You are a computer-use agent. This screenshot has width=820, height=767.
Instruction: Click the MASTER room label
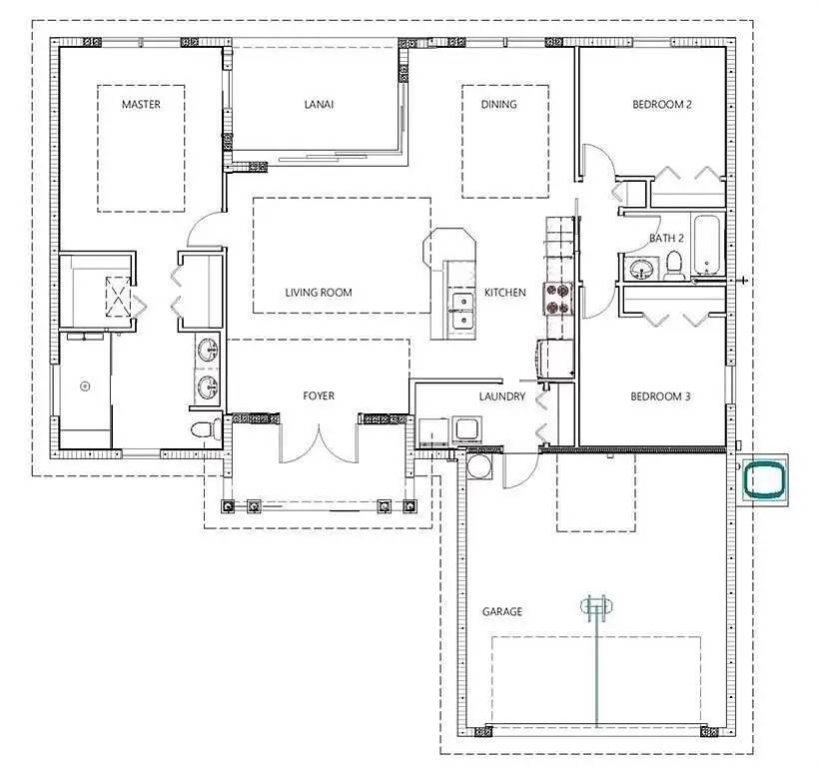click(x=141, y=105)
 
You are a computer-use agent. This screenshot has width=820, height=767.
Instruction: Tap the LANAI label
click(x=319, y=105)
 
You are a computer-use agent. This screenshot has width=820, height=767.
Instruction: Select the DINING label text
click(x=499, y=105)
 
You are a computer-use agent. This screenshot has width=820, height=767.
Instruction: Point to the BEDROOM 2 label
click(x=662, y=105)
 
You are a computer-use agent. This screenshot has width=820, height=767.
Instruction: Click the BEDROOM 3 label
click(x=660, y=396)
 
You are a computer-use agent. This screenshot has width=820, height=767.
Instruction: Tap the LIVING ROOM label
click(x=319, y=293)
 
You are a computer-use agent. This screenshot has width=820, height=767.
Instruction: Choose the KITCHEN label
click(x=505, y=293)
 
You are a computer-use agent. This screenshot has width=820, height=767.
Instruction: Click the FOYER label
click(x=319, y=395)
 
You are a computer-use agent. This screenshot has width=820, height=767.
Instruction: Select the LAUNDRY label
click(x=502, y=396)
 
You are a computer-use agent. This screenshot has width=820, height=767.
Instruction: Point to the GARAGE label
click(x=502, y=611)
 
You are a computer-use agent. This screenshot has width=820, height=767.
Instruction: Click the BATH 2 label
click(x=667, y=239)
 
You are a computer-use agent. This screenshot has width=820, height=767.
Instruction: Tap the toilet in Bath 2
click(x=673, y=265)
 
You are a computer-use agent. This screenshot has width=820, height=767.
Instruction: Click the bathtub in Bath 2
click(x=706, y=245)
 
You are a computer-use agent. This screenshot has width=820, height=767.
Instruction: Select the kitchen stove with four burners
click(x=559, y=299)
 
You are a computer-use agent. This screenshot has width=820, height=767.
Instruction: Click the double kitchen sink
click(x=462, y=312)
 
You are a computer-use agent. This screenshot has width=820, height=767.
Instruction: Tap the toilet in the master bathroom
click(x=206, y=429)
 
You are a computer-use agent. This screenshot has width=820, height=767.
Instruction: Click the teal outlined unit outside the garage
click(x=765, y=478)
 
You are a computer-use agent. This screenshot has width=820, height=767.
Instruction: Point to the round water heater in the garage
click(x=479, y=465)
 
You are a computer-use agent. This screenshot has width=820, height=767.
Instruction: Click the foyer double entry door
click(x=319, y=443)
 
